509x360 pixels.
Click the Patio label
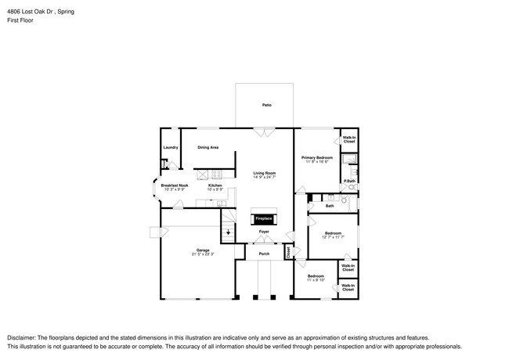coord(267,105)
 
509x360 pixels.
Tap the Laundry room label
coord(170,147)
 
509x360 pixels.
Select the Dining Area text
coord(208,147)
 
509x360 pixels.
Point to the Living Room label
coord(264,173)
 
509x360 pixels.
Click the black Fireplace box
coord(264,218)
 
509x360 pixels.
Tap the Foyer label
coord(264,232)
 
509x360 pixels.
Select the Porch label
coord(264,254)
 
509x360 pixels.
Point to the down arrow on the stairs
coord(229,232)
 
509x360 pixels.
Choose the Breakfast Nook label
coord(175,185)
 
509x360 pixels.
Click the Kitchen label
coord(215,185)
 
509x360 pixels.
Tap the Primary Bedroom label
coord(317,157)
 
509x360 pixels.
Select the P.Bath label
coord(350,182)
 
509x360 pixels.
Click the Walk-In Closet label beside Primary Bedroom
coord(349,139)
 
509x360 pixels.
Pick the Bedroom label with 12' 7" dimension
coord(333,232)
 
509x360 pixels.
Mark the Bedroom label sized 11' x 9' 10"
coord(316,275)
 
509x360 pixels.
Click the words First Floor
coord(20,20)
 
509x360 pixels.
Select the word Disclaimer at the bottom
coord(23,337)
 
